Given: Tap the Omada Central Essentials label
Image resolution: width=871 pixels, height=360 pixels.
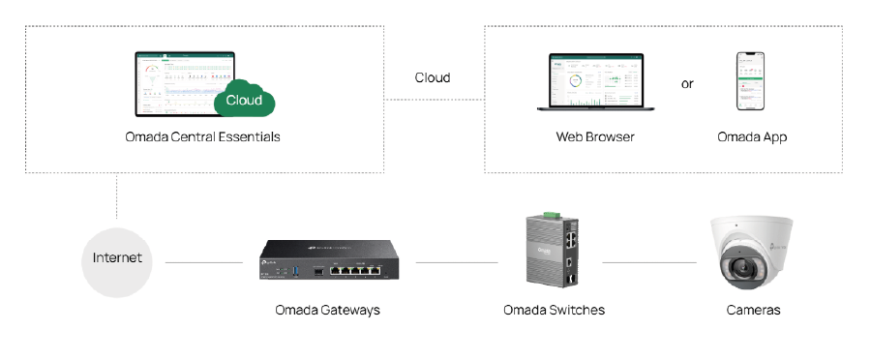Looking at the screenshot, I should tap(202, 136).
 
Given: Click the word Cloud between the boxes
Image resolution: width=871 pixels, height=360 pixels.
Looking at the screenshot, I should tap(433, 77).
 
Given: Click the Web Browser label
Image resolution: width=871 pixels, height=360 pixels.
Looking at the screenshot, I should tap(595, 136).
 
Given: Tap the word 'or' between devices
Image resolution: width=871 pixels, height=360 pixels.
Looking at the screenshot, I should tap(687, 84).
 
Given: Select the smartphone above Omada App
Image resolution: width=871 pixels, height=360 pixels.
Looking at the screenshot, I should tap(752, 82).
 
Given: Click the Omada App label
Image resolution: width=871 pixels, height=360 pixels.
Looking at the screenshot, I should tap(752, 136).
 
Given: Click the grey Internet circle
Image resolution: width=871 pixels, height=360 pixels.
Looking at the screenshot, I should tap(117, 258).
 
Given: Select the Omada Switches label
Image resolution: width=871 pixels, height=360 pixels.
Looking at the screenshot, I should tap(554, 310).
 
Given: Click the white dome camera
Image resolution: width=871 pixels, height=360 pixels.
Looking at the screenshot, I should tap(752, 254).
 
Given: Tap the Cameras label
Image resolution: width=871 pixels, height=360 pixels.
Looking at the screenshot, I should tap(753, 310).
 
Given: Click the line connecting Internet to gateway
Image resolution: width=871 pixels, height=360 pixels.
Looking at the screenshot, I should tap(202, 262).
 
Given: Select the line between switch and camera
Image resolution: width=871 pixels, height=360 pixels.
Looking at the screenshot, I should tap(648, 262).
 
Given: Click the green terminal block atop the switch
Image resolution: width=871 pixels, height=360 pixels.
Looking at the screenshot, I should tap(553, 214).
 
